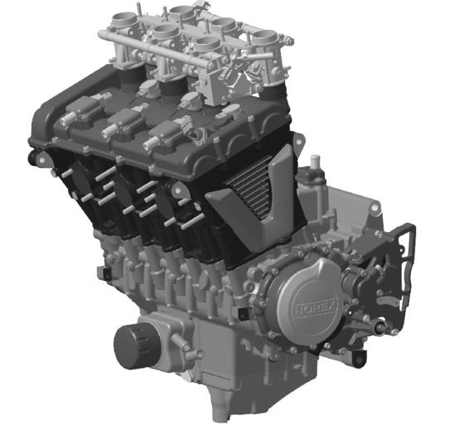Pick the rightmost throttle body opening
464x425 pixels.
click(265, 36)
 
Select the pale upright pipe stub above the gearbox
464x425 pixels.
click(316, 162)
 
